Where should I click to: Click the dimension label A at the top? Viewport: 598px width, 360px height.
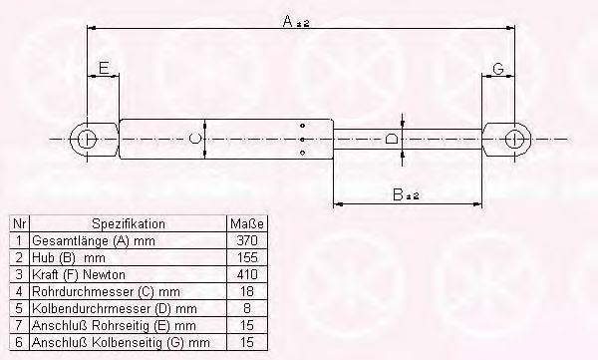(288, 21)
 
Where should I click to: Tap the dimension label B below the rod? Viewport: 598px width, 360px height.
(398, 194)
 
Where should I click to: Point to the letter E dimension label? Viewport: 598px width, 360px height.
(104, 68)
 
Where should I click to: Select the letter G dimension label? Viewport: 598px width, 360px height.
(498, 69)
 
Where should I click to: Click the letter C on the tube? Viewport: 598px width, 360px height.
(194, 139)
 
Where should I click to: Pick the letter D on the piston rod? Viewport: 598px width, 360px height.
(391, 139)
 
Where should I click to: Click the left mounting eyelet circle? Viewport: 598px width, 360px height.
(78, 140)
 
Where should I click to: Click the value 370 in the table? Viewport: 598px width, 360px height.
(247, 240)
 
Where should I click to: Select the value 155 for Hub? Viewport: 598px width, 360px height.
(247, 257)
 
